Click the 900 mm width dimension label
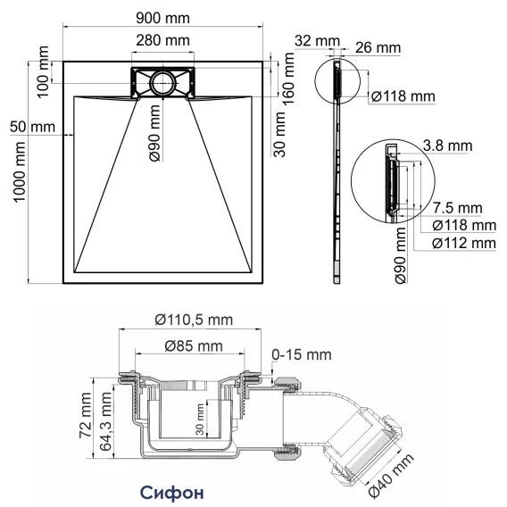click(162, 18)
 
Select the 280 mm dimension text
click(162, 41)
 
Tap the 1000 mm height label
click(19, 171)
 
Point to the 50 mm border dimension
click(32, 127)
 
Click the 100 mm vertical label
click(42, 71)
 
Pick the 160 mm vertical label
click(287, 79)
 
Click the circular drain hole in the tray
click(163, 83)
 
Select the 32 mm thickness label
click(317, 41)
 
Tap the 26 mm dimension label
click(378, 47)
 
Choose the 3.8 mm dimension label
click(447, 145)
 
